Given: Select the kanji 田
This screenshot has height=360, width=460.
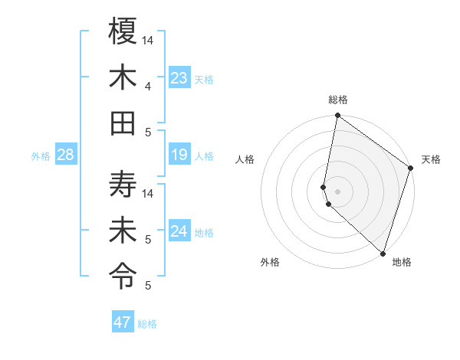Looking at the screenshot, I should tap(123, 123).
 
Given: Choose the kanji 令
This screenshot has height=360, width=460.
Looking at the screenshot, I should tap(123, 275).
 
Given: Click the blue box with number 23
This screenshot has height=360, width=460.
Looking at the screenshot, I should tap(179, 78).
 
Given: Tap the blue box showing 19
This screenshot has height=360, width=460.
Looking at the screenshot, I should tap(179, 155).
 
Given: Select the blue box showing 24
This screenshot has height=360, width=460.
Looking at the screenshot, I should tap(179, 231).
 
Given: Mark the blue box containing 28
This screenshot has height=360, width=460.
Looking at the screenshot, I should tap(66, 155).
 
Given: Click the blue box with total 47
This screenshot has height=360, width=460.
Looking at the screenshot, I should tap(123, 322).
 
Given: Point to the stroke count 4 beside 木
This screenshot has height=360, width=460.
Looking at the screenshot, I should tap(147, 86).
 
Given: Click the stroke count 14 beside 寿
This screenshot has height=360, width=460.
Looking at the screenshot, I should tap(149, 193).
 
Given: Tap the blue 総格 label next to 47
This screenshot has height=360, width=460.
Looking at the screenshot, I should tap(147, 324).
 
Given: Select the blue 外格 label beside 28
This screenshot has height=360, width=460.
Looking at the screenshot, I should tap(41, 156).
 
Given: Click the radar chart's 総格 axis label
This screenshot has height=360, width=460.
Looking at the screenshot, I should tap(337, 100).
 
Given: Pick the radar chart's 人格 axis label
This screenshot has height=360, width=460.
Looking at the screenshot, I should tap(245, 159).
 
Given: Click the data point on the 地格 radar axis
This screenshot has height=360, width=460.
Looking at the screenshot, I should tap(383, 254).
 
